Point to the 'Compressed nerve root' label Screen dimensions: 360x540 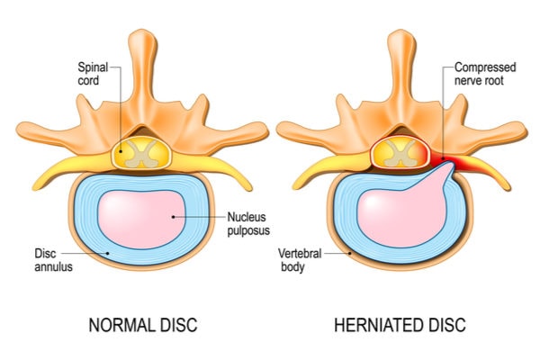484,74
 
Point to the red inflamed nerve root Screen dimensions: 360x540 454,162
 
